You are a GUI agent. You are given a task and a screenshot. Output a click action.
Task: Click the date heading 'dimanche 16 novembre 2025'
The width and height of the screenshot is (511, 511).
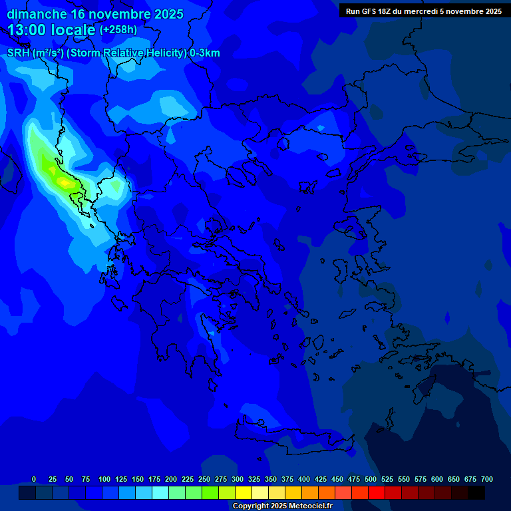95,14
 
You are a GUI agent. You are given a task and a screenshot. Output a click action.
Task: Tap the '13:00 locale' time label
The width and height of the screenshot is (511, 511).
52,30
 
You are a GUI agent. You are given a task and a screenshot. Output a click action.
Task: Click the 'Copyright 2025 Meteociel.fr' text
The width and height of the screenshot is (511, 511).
282,506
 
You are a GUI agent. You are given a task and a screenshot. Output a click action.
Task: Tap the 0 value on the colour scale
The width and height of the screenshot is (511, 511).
34,479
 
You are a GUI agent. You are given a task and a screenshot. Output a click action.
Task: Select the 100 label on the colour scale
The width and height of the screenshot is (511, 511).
104,479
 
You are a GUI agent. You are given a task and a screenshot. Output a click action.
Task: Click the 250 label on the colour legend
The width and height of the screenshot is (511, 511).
204,479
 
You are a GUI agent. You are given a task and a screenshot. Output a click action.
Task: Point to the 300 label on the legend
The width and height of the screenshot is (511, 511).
238,479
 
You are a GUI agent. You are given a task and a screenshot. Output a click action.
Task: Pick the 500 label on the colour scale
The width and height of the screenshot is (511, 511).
371,479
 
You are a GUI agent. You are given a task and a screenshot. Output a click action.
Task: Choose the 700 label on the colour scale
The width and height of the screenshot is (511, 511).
486,479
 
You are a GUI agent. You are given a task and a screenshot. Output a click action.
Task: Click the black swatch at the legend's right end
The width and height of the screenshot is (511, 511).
476,493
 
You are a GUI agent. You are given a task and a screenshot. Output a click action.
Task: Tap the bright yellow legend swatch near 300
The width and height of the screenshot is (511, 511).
244,493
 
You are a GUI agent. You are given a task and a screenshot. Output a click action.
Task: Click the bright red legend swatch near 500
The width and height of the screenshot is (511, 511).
377,493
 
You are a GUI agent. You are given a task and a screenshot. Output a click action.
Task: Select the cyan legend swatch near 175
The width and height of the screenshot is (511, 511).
160,493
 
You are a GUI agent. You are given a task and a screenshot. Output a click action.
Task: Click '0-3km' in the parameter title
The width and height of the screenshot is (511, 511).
205,53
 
